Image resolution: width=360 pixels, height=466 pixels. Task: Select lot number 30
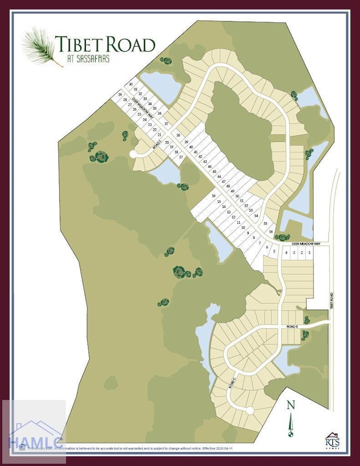pyautogui.click(x=131, y=84)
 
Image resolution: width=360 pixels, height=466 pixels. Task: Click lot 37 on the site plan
pyautogui.click(x=166, y=124)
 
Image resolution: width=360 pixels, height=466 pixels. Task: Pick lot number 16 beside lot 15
pyautogui.click(x=213, y=196)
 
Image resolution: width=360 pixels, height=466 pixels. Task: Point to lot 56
pyautogui.click(x=271, y=231)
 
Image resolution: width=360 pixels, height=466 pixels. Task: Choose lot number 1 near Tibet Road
pyautogui.click(x=309, y=253)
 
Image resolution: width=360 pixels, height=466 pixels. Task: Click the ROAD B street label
pyautogui.click(x=292, y=327)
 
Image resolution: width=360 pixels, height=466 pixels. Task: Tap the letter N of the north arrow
pyautogui.click(x=290, y=405)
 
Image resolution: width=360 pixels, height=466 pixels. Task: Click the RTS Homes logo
pyautogui.click(x=332, y=440)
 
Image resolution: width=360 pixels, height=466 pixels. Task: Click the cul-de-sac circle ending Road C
pyautogui.click(x=250, y=411)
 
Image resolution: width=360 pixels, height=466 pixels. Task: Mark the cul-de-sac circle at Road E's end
pyautogui.click(x=133, y=154)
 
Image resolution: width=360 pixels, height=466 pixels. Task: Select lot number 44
pyautogui.click(x=209, y=166)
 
